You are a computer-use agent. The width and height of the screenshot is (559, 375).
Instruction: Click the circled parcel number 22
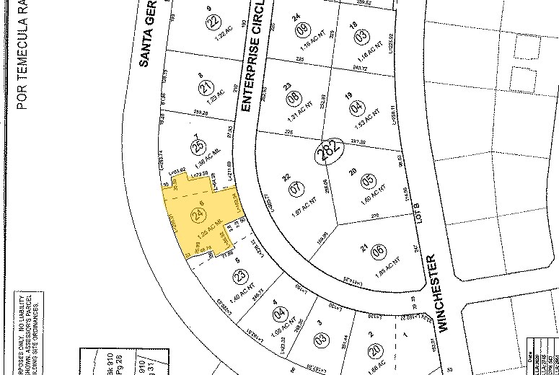[213, 22]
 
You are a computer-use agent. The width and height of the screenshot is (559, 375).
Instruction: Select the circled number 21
[207, 88]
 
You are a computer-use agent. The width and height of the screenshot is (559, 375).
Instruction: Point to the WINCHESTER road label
[441, 292]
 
